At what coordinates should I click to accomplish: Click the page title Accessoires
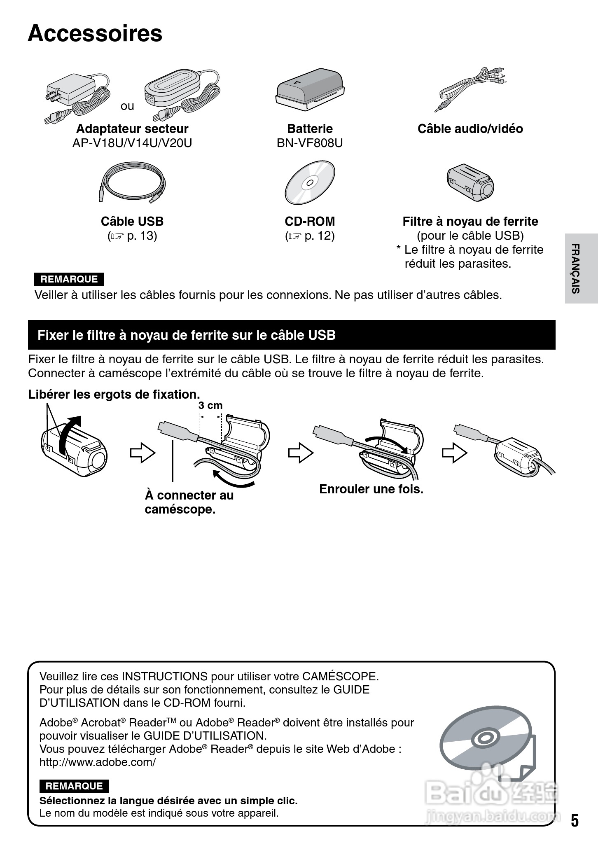click(95, 34)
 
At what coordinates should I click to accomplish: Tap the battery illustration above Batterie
click(309, 89)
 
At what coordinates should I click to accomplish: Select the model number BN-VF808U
click(310, 143)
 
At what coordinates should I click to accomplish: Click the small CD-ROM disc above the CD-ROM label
click(310, 182)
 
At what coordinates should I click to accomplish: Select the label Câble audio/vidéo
click(470, 129)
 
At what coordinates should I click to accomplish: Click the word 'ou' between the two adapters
click(127, 106)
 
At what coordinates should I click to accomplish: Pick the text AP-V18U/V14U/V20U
click(132, 143)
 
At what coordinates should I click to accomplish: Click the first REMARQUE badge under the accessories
click(69, 279)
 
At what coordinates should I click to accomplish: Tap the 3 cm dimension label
click(210, 405)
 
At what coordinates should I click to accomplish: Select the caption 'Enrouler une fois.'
click(371, 489)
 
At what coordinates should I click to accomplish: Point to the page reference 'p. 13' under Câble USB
click(142, 236)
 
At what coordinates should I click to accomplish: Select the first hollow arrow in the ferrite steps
click(142, 453)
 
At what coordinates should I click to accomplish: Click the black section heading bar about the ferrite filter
click(292, 335)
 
